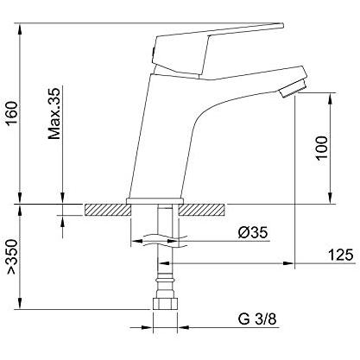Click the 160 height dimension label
click(x=13, y=113)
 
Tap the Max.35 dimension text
click(x=54, y=113)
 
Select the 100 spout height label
click(x=321, y=148)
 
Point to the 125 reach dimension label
click(x=340, y=255)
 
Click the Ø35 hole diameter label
click(x=253, y=232)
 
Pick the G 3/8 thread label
click(x=257, y=319)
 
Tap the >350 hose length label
click(x=13, y=256)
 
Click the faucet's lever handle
click(x=218, y=50)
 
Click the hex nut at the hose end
click(x=165, y=304)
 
